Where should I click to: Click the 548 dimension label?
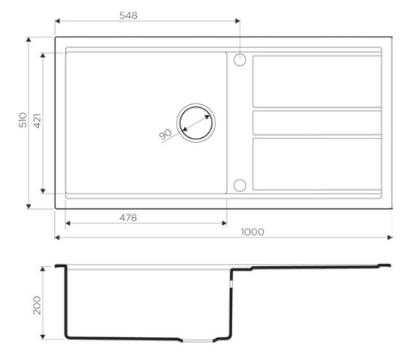(x=129, y=15)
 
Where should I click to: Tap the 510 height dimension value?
(x=22, y=121)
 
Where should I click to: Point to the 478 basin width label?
(x=129, y=216)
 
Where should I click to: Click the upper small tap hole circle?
(x=240, y=59)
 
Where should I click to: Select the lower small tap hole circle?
(x=240, y=185)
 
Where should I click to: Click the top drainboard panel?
(x=316, y=81)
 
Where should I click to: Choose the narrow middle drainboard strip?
(x=316, y=122)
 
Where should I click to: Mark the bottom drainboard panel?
(x=316, y=164)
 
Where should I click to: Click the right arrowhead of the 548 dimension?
(x=237, y=21)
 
